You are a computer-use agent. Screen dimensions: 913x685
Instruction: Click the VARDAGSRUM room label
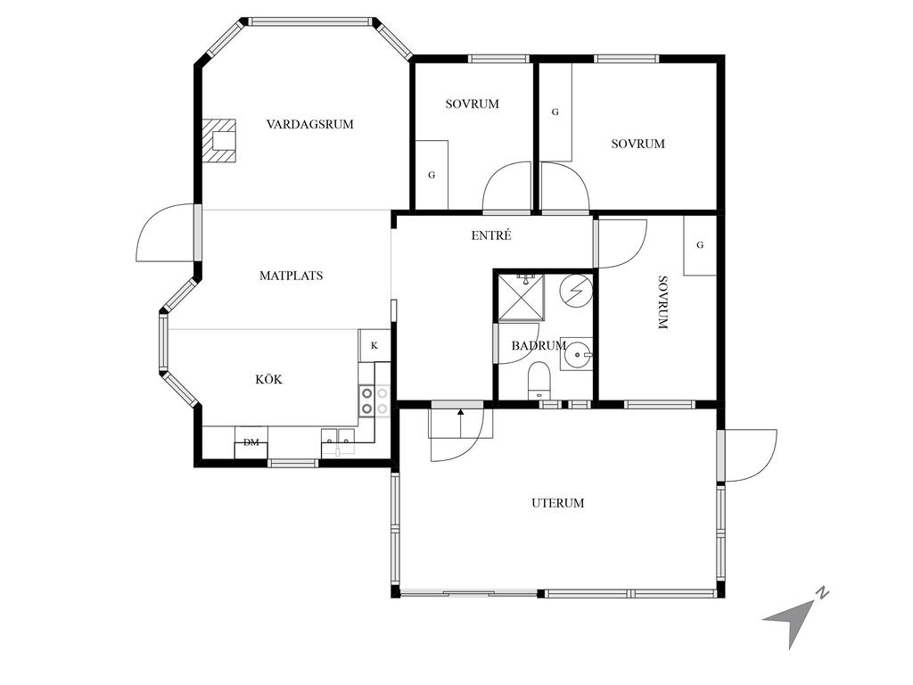(309, 124)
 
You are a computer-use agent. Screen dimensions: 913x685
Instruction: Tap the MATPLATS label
(292, 276)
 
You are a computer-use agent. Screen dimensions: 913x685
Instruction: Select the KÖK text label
(269, 379)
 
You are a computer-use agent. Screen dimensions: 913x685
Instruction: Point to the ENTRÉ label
(491, 235)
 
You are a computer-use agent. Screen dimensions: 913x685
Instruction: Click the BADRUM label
(539, 345)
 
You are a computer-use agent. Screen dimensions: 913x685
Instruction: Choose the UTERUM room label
(558, 503)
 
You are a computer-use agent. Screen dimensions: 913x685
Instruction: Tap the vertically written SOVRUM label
(662, 302)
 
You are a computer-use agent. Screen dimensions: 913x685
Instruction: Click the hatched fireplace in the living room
(219, 141)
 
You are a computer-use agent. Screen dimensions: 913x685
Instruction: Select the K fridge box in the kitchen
(374, 345)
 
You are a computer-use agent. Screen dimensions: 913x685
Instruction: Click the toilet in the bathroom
(539, 380)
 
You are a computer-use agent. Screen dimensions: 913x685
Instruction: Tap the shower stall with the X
(521, 298)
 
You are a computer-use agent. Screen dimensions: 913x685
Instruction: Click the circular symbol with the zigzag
(577, 291)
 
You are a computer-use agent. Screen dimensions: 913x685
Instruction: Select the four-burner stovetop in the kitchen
(374, 400)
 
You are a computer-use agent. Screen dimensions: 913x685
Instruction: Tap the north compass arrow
(793, 617)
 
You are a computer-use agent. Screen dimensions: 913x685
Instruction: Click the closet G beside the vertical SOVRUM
(699, 245)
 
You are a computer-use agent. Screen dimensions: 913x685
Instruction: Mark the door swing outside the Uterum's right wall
(751, 456)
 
